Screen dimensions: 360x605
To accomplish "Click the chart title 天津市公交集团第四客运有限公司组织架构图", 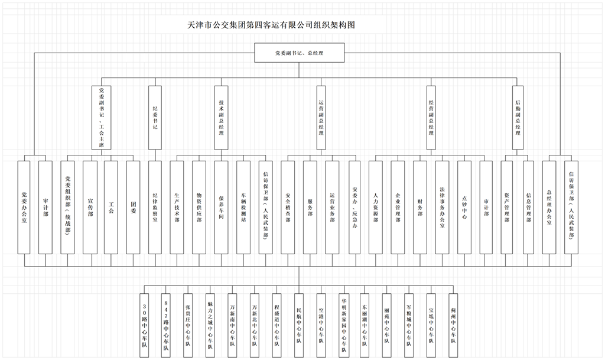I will [271, 25].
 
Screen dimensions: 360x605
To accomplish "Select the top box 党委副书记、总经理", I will [300, 53].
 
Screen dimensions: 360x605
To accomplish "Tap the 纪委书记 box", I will [155, 118].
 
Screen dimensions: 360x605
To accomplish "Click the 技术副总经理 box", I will [221, 118].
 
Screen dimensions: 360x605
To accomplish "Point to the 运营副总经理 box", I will [321, 118].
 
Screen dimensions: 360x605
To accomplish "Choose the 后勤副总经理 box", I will [518, 118].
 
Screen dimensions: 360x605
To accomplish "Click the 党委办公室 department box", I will [24, 206].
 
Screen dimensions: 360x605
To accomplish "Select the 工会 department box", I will [111, 206].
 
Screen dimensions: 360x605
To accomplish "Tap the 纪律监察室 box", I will [155, 206].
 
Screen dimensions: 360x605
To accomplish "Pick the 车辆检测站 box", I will [243, 206].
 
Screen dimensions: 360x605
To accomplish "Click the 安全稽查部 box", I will [288, 206].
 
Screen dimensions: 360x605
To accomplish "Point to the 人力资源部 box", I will [376, 206].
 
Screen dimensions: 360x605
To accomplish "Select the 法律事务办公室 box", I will [442, 206].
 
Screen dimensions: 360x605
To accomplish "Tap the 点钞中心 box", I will [464, 206].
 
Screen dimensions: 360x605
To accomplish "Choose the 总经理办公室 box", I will [549, 206].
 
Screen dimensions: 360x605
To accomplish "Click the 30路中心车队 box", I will [145, 324].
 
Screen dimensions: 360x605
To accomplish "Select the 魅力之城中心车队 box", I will [210, 324].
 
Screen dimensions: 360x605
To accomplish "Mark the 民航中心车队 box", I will [299, 324].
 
